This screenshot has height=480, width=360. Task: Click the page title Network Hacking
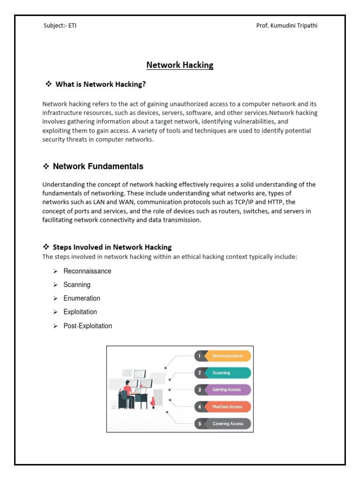[180, 65]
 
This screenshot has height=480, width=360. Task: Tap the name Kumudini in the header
[290, 26]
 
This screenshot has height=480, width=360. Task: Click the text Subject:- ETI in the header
[60, 26]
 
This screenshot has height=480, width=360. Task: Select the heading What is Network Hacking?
[101, 84]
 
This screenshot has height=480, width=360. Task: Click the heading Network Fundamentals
[98, 166]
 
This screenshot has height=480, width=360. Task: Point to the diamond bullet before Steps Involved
[46, 247]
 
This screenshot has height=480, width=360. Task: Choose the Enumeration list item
[82, 298]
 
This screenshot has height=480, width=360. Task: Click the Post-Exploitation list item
[88, 326]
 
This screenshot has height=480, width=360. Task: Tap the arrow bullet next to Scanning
[55, 285]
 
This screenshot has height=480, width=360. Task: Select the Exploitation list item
[80, 312]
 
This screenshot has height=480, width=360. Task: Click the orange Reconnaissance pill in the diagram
[228, 356]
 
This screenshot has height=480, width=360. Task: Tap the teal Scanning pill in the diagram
[228, 373]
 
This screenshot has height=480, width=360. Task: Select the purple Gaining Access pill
[228, 390]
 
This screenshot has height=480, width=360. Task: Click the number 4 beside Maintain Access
[200, 407]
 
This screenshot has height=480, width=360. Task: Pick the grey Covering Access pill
[228, 424]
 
